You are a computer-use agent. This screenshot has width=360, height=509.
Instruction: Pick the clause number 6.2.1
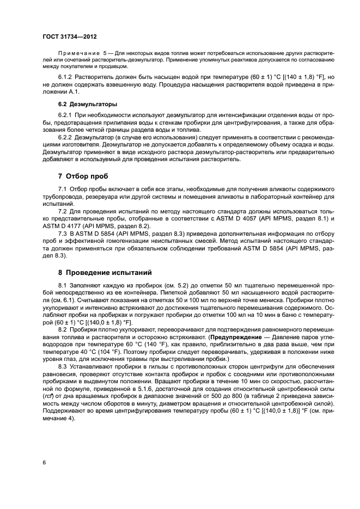[x=66, y=116]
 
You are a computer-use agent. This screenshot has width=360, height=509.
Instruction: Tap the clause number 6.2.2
[x=66, y=138]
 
